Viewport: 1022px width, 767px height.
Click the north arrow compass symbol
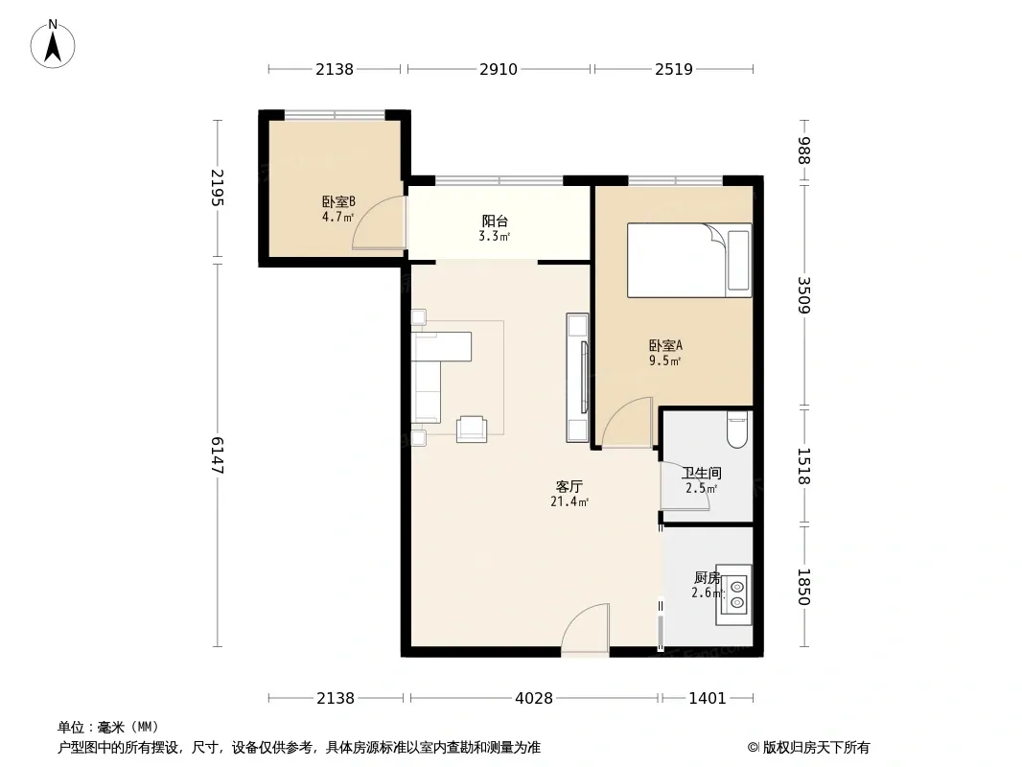(x=53, y=44)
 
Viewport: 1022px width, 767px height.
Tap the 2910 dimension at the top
(x=499, y=69)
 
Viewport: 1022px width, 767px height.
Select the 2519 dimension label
(x=674, y=69)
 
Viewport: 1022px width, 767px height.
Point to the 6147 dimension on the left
(x=217, y=455)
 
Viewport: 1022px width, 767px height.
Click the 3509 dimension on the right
(x=803, y=295)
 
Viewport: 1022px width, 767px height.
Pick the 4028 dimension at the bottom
(x=534, y=699)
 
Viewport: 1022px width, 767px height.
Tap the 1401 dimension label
(x=708, y=699)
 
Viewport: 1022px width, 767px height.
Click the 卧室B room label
(x=338, y=202)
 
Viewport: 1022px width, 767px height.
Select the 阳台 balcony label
(x=495, y=221)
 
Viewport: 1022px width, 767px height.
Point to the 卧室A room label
(x=665, y=346)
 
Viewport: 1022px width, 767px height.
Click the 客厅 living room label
(x=569, y=487)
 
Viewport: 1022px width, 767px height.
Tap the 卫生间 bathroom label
(x=702, y=473)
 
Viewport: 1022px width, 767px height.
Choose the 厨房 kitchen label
(x=708, y=577)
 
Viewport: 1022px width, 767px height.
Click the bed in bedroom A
(x=689, y=260)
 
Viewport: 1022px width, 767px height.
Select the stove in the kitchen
(x=734, y=595)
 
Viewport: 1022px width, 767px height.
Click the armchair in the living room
(x=472, y=430)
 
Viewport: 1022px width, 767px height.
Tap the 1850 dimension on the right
(x=803, y=587)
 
